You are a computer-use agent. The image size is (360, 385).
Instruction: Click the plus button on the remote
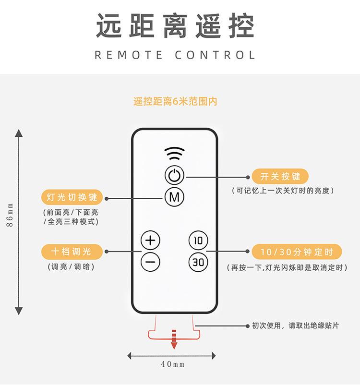tap(150, 240)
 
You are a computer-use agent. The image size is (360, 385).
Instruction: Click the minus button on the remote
tap(150, 262)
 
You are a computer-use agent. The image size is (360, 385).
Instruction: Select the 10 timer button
tap(198, 240)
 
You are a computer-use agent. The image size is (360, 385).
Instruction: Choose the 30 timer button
tap(198, 262)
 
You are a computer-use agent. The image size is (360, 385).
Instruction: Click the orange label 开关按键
tap(280, 177)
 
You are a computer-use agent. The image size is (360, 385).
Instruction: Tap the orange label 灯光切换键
tap(72, 197)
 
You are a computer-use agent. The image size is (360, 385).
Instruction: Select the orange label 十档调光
tap(72, 251)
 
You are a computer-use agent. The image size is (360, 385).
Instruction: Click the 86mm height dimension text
tap(10, 216)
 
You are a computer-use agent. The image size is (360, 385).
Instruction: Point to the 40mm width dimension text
tap(173, 364)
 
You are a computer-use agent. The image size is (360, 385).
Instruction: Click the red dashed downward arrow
tap(174, 338)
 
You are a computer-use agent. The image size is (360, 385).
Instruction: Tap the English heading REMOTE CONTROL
tap(175, 55)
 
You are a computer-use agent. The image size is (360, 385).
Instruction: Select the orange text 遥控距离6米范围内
tap(175, 101)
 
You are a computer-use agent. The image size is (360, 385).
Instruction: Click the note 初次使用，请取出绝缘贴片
tap(296, 325)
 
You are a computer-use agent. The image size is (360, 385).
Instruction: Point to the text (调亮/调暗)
tap(71, 267)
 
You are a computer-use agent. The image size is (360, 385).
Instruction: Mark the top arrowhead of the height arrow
tap(19, 133)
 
